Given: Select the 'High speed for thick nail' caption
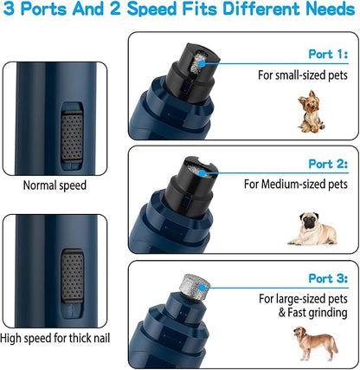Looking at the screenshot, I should [x=59, y=338].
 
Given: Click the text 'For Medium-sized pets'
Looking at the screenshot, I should [x=296, y=185].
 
